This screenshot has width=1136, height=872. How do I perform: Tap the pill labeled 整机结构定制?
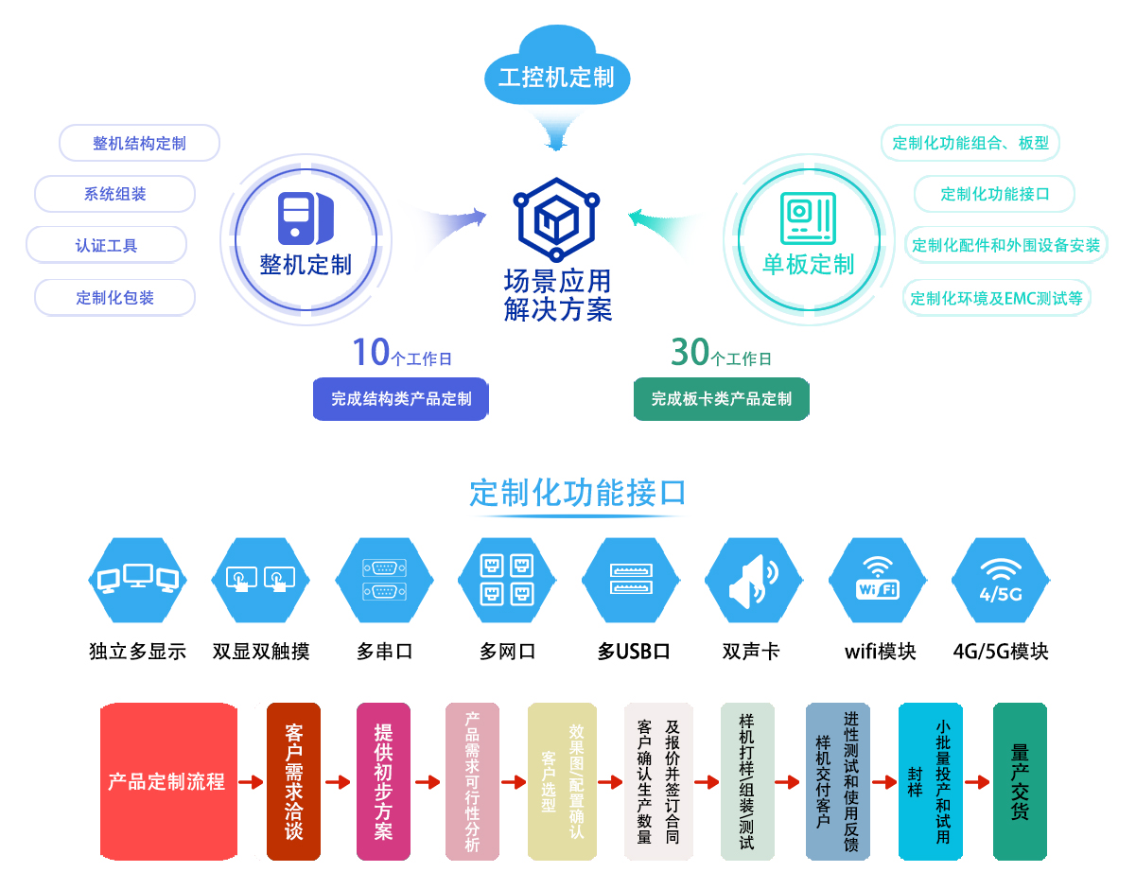(x=139, y=144)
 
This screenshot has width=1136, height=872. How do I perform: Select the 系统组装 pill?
(x=115, y=195)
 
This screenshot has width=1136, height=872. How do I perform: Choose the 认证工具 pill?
(x=107, y=246)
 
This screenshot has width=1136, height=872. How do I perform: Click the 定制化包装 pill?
(x=115, y=298)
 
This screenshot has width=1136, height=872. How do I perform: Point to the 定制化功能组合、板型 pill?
(x=970, y=144)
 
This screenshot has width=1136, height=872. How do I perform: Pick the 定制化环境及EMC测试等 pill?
(x=996, y=298)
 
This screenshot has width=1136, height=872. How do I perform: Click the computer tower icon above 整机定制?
(x=305, y=217)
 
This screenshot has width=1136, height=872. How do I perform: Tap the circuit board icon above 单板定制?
(x=808, y=217)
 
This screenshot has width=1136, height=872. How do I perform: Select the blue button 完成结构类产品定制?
(x=401, y=399)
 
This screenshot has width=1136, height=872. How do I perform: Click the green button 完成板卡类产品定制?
(x=721, y=399)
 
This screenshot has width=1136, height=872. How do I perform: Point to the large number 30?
(x=690, y=352)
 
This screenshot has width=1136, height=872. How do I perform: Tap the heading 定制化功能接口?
(x=577, y=493)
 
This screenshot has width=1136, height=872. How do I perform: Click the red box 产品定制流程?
(x=167, y=781)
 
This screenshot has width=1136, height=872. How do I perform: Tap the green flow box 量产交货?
(x=1020, y=781)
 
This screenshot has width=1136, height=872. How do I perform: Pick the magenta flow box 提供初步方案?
(x=383, y=781)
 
